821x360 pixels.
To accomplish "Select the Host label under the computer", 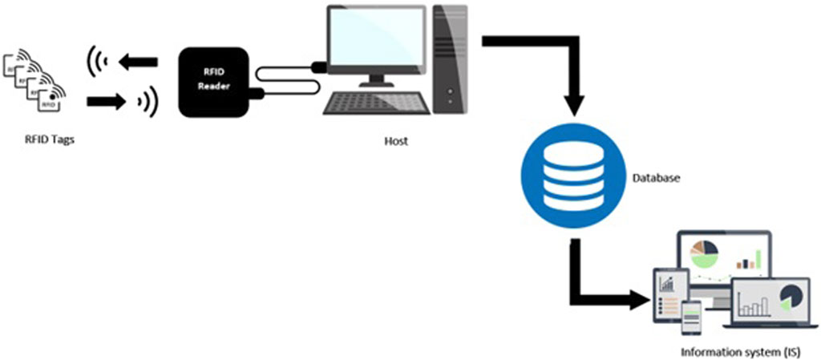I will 395,141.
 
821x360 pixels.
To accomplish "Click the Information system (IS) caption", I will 740,351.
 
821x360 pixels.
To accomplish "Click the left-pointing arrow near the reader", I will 139,60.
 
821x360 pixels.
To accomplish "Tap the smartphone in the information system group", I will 690,318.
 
